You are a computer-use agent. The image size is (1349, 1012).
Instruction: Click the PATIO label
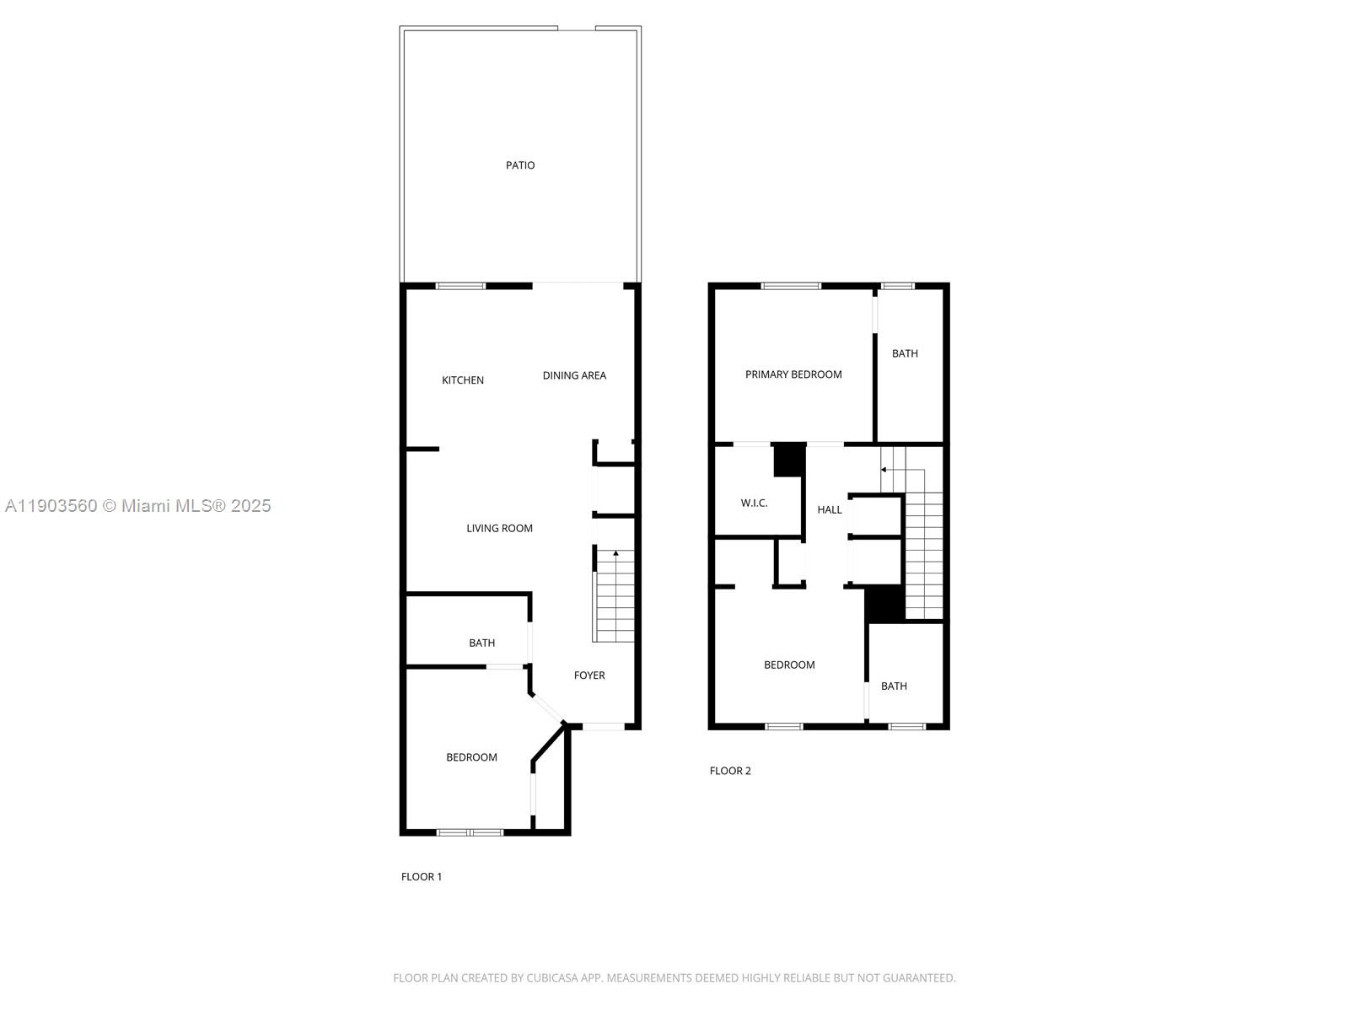[x=520, y=165]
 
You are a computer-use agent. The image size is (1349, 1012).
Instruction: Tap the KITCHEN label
[x=463, y=380]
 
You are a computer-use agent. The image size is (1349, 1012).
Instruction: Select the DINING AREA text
[x=574, y=375]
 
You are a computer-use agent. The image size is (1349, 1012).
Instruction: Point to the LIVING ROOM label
[x=499, y=529]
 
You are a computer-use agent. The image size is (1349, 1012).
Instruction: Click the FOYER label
[x=589, y=676]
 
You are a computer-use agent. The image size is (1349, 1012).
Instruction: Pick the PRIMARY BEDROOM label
[x=793, y=374]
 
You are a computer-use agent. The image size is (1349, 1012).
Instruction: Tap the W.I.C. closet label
[x=754, y=503]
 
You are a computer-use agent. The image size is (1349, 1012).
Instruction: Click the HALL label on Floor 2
[x=830, y=509]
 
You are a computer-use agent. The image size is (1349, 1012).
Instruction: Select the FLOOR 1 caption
[x=422, y=877]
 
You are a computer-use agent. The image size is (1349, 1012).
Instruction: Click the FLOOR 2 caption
[x=730, y=771]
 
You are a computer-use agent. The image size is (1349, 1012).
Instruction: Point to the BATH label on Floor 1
[x=482, y=643]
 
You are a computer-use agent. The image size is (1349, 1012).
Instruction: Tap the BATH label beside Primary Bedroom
[x=905, y=353]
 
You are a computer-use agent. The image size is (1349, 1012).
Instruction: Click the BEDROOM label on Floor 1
[x=471, y=757]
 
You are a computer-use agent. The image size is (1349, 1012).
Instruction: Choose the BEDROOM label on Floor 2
[x=789, y=665]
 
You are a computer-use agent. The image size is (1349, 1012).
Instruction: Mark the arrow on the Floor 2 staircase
[x=884, y=470]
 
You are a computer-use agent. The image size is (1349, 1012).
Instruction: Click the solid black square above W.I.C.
[x=788, y=460]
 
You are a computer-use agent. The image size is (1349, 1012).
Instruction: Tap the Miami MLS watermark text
[x=137, y=506]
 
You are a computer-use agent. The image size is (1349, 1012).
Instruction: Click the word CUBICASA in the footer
[x=551, y=978]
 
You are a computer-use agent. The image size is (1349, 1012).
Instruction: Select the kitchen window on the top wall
[x=460, y=286]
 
